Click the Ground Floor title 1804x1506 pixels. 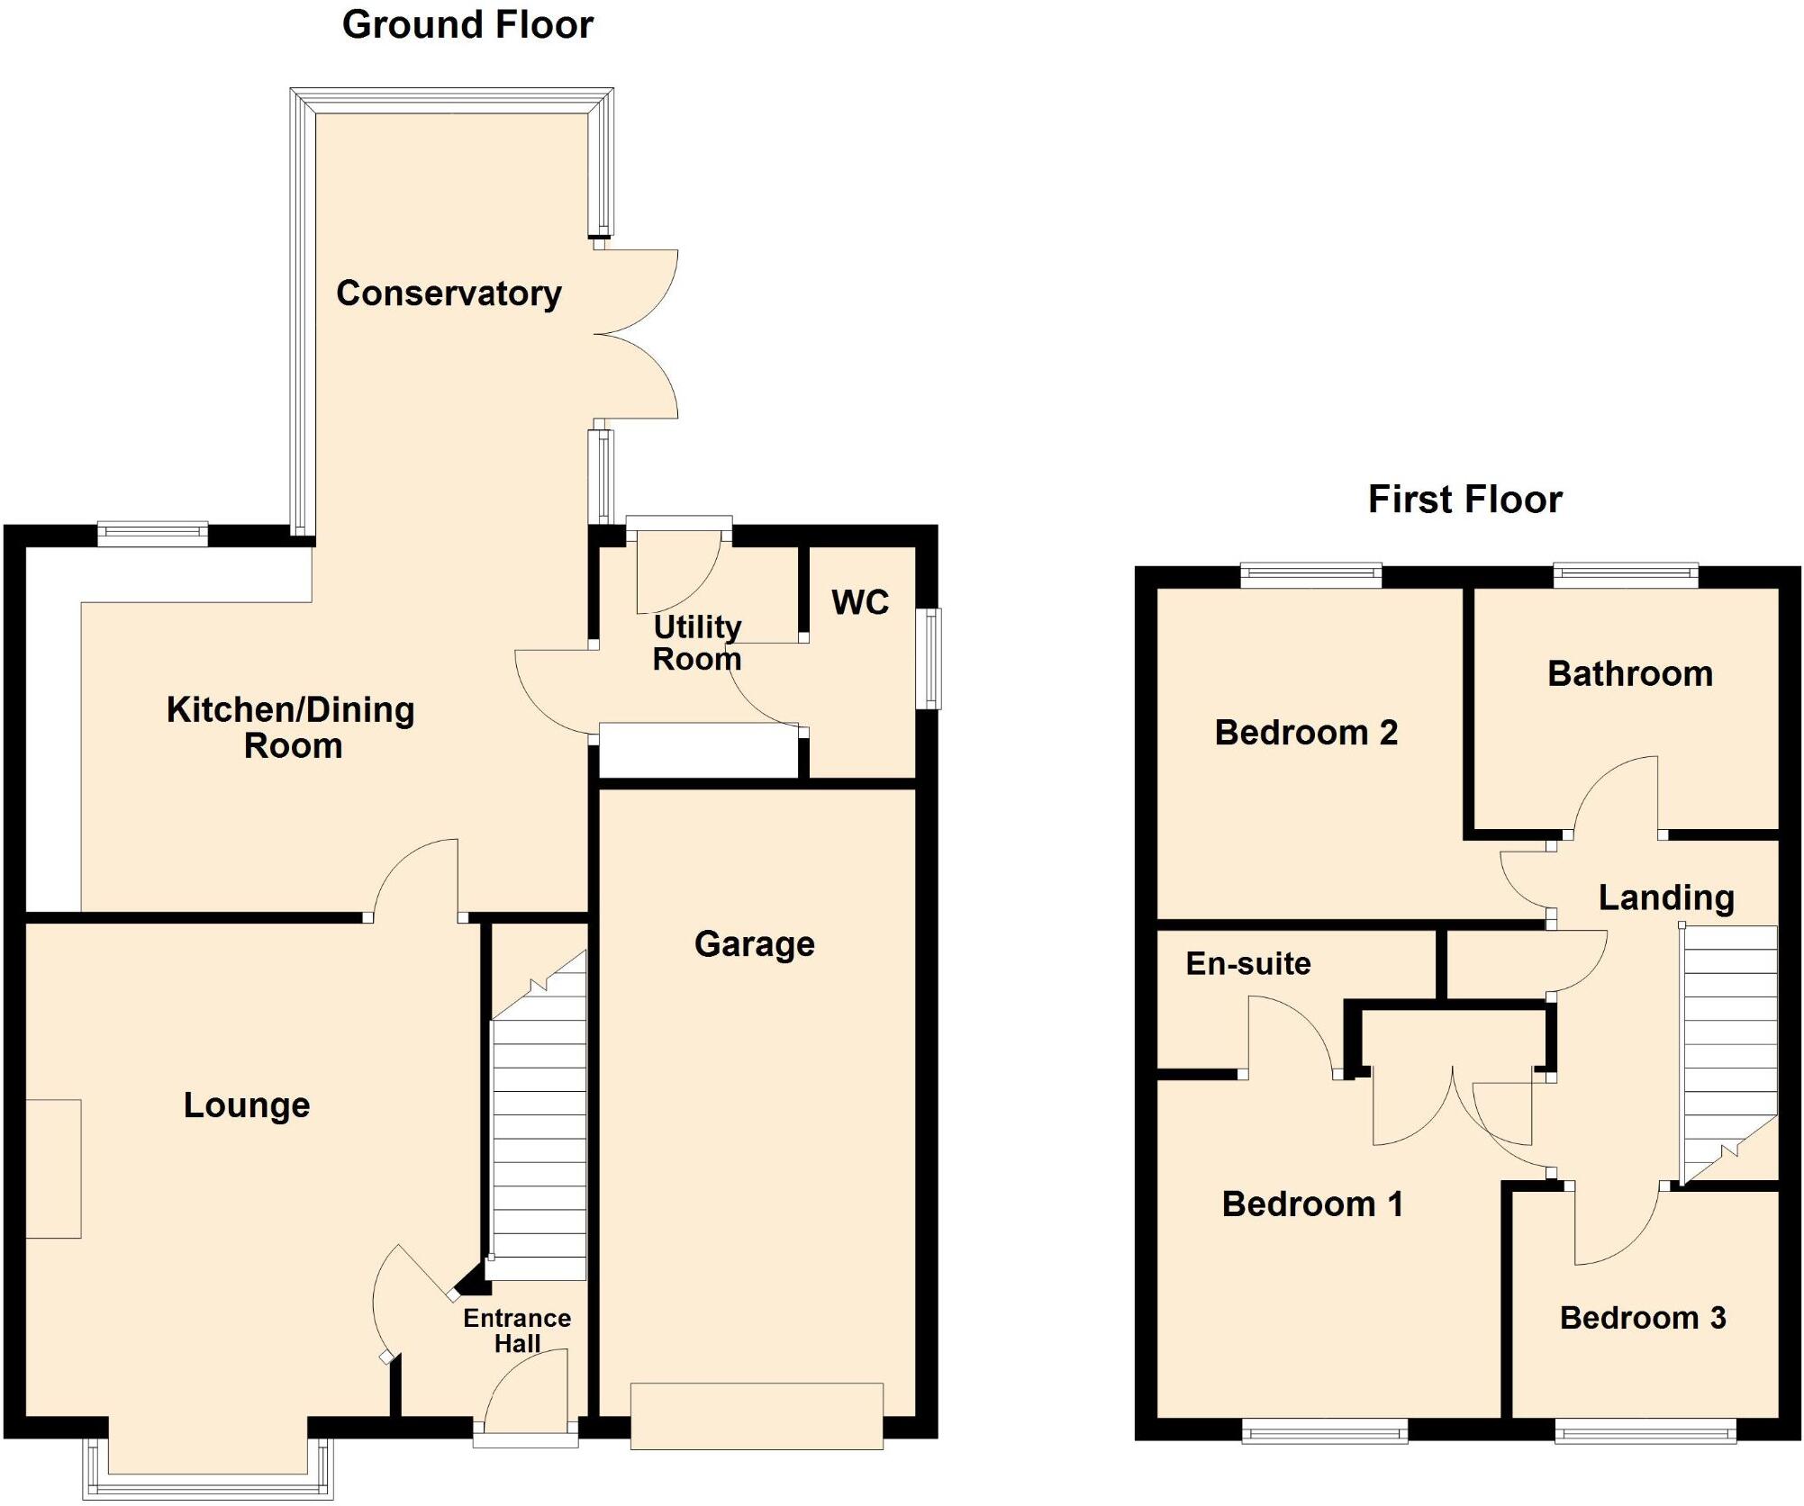[467, 25]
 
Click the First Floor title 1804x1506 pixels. [1464, 500]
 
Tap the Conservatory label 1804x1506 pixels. [449, 293]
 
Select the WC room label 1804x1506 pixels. [860, 602]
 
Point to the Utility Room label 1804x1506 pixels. [697, 643]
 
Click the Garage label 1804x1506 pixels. [755, 944]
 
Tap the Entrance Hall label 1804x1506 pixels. [517, 1330]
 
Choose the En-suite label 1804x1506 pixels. [1247, 964]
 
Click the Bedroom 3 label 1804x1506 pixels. [1643, 1318]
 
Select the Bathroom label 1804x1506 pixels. [1630, 674]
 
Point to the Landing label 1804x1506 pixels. [1666, 897]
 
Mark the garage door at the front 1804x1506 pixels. [757, 1416]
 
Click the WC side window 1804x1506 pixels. [929, 658]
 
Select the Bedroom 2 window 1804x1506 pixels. [1310, 574]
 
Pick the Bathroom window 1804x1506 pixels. [1626, 574]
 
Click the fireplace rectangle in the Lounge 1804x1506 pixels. [53, 1168]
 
